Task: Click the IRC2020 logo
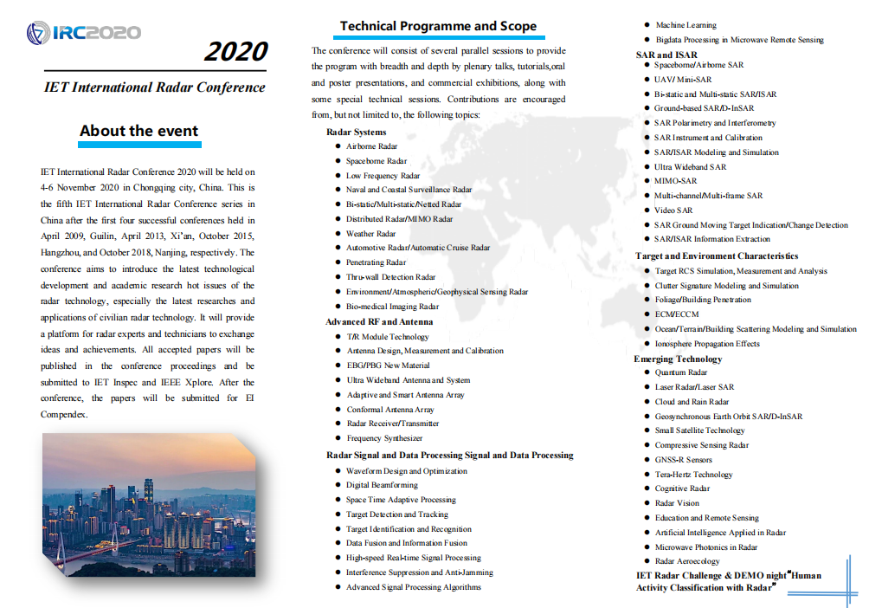pos(83,33)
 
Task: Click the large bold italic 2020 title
pos(235,52)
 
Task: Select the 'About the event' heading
pos(139,131)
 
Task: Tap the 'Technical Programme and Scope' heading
pos(438,26)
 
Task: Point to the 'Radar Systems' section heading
pos(356,132)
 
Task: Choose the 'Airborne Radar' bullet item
pos(371,146)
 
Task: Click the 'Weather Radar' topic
pos(370,233)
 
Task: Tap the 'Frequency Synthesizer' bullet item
pos(384,438)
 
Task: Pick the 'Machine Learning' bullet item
pos(686,25)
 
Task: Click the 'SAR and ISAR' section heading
pos(666,55)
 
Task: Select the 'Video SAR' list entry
pos(673,210)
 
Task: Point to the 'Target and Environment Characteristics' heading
pos(717,255)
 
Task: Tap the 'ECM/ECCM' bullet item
pos(676,314)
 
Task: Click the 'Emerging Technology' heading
pos(678,359)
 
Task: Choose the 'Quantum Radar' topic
pos(681,372)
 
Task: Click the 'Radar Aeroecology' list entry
pos(687,561)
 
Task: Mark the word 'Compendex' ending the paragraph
pos(64,414)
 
